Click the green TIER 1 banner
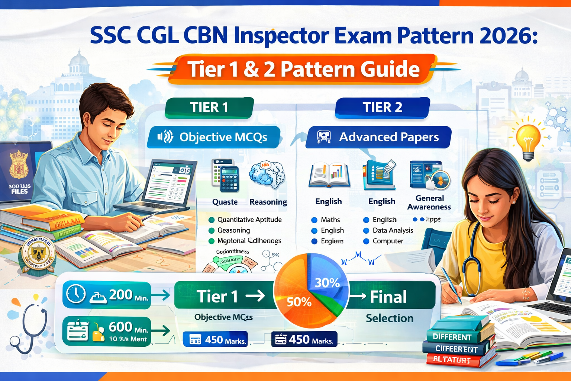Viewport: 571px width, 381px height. coord(209,108)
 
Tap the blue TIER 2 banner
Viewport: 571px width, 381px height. coord(382,108)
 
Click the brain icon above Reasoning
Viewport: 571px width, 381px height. coord(267,174)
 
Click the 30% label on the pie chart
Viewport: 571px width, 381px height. coord(327,283)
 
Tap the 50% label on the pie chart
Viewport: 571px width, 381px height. coord(299,302)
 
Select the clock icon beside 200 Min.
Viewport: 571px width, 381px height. coord(75,294)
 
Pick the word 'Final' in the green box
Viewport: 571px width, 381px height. coord(388,297)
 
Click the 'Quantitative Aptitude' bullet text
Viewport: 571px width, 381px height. coord(249,220)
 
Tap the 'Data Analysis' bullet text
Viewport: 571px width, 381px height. coord(393,230)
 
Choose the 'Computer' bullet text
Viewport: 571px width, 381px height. coord(388,241)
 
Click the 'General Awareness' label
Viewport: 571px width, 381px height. coord(429,202)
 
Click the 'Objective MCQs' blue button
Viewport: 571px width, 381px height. coord(213,137)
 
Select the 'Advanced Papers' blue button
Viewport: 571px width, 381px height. coord(378,137)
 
